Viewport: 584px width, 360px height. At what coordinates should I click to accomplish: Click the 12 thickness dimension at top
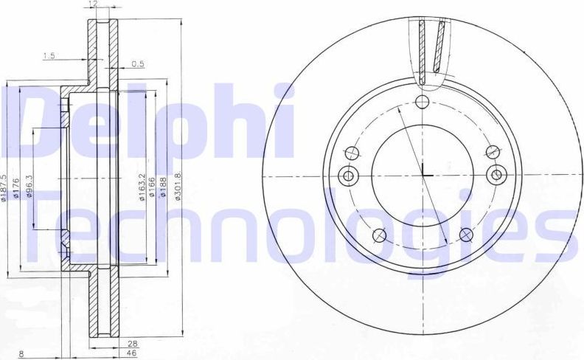(91, 4)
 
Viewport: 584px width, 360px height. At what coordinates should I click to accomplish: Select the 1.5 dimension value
(49, 56)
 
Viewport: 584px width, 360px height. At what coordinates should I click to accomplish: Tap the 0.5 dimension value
(138, 64)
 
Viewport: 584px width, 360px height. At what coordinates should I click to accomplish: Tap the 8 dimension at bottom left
(22, 354)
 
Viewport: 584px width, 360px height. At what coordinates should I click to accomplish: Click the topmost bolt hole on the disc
(423, 103)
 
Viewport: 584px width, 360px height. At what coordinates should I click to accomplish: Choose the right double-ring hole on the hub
(497, 176)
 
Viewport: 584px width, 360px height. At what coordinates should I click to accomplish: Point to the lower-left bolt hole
(380, 235)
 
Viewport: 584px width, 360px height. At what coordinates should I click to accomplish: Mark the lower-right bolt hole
(465, 235)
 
